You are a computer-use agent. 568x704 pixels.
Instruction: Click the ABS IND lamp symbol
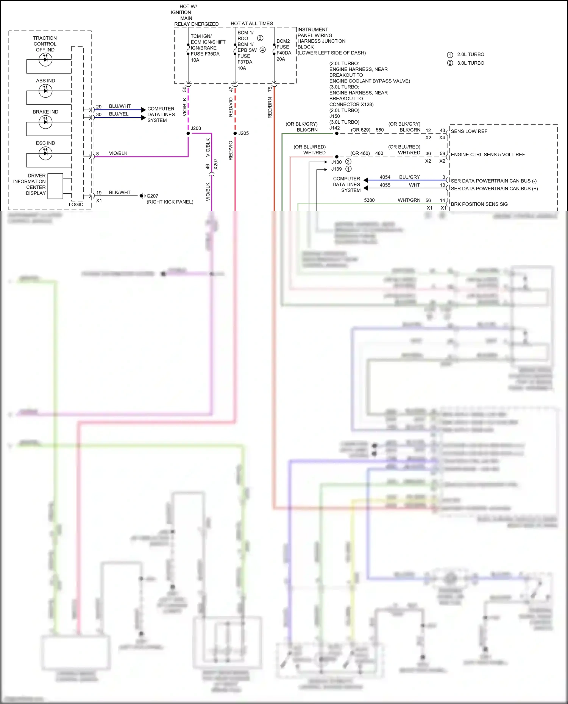45,91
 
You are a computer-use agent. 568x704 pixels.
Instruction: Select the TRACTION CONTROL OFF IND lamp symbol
45,59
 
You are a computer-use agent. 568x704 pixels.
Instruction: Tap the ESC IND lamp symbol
45,153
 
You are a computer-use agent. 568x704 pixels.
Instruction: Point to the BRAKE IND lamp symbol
45,122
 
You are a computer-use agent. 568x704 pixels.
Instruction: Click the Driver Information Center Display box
55,186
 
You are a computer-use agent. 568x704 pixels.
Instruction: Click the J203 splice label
196,128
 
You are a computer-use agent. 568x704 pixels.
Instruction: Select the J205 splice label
243,133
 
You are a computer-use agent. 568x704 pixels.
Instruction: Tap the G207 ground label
152,196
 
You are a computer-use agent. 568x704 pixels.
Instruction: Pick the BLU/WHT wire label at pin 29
120,106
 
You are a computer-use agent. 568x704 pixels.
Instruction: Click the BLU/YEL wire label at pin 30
119,114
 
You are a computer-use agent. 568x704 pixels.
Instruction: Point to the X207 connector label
215,164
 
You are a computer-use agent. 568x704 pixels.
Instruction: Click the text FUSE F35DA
205,54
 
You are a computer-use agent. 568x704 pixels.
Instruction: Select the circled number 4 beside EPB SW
262,50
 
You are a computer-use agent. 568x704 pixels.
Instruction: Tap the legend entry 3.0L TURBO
470,63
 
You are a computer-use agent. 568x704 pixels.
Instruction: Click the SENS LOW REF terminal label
469,131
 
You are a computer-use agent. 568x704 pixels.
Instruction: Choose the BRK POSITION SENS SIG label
479,204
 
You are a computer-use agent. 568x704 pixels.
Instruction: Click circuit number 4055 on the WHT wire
385,185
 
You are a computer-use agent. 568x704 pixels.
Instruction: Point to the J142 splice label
334,128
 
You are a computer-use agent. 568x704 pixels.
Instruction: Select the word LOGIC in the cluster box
76,204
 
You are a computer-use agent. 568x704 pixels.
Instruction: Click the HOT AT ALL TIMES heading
251,23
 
